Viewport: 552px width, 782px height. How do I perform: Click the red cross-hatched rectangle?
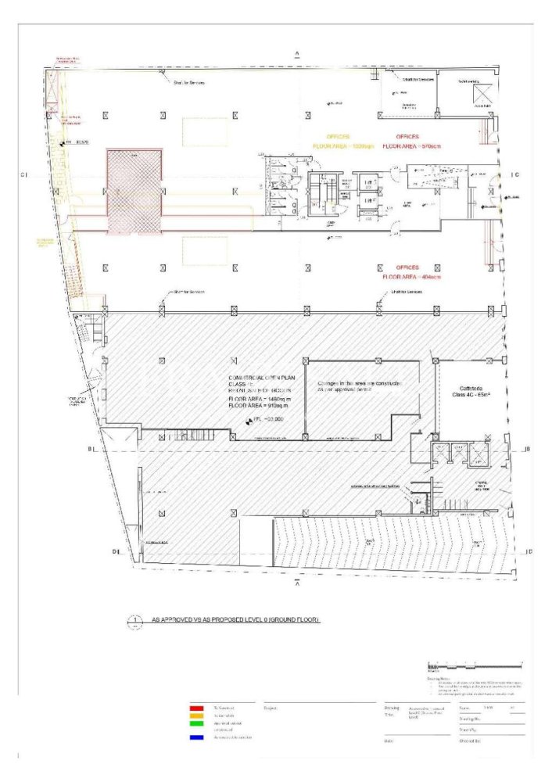coord(135,192)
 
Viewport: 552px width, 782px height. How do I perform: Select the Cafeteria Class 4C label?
coord(470,391)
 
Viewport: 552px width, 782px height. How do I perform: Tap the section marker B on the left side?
coord(91,449)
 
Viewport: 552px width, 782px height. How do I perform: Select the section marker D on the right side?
coord(529,552)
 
